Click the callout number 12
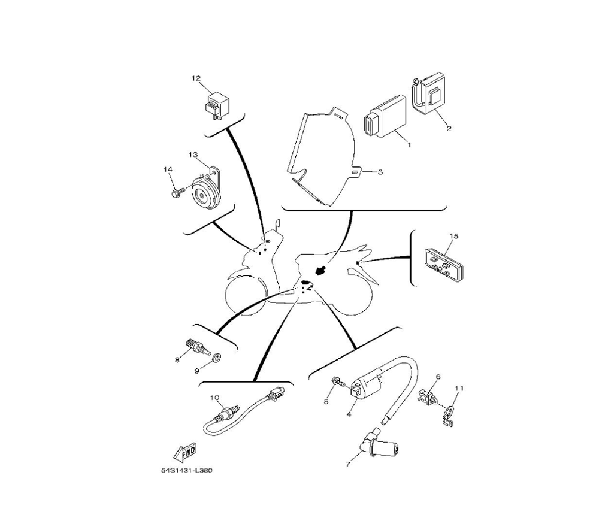(196, 78)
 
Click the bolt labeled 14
(179, 191)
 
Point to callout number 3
(380, 172)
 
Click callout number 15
(454, 236)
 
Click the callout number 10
(215, 398)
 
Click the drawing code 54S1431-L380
(186, 470)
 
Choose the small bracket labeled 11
(450, 416)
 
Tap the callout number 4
(349, 414)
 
